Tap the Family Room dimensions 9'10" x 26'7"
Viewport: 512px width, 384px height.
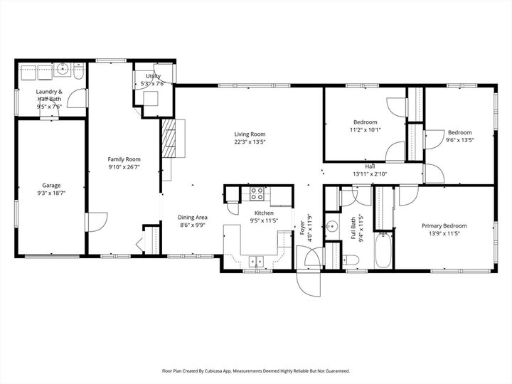124,167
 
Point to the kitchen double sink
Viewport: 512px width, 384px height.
256,261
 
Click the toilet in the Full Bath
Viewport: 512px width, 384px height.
346,196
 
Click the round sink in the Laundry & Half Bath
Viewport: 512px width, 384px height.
63,70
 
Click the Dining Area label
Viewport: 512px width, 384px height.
192,217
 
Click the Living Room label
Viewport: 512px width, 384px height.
250,134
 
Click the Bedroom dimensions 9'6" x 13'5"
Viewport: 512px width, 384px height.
459,140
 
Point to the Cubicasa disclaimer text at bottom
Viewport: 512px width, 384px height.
256,370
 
